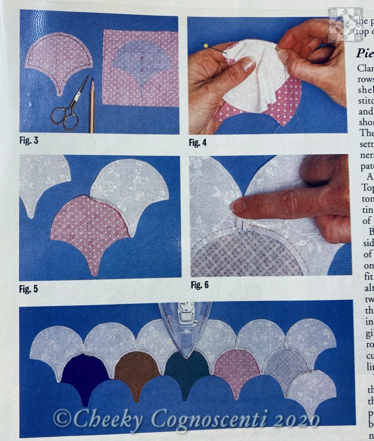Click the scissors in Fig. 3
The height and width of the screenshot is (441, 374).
(x=68, y=105)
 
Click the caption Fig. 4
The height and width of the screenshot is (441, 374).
(x=199, y=143)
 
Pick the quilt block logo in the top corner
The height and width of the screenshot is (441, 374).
(x=345, y=24)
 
